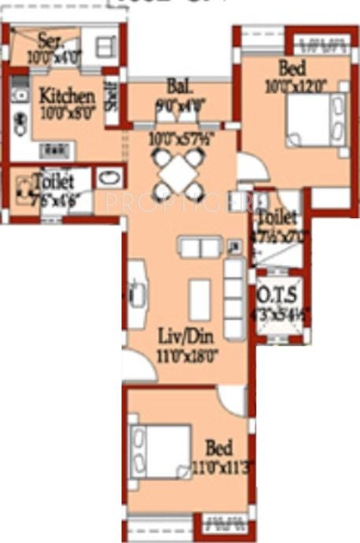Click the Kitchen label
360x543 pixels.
click(67, 96)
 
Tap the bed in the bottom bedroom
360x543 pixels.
click(161, 452)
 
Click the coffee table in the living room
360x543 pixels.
click(200, 300)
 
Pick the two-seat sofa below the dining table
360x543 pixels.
click(201, 247)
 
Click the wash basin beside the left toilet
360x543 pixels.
click(109, 177)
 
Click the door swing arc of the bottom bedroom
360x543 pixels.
click(233, 400)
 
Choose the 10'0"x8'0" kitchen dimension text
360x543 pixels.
click(67, 112)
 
